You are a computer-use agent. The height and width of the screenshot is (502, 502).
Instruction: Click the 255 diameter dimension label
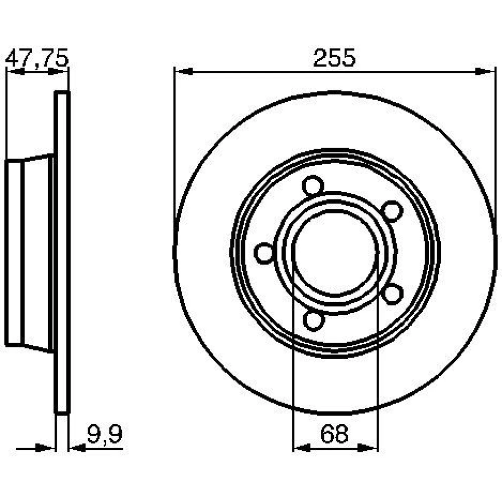click(x=334, y=58)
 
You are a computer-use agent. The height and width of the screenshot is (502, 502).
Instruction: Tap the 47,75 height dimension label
click(x=37, y=58)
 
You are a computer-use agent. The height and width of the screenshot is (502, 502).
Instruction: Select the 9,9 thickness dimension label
click(x=105, y=434)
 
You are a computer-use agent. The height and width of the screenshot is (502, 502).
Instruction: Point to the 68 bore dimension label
click(x=334, y=434)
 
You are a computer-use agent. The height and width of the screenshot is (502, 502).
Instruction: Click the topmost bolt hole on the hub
click(x=313, y=186)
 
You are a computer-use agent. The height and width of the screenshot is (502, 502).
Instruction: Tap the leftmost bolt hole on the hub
click(x=265, y=253)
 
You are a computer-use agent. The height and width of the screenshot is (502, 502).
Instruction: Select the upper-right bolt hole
click(x=393, y=211)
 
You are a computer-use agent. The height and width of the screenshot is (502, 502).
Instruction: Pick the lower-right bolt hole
click(x=393, y=294)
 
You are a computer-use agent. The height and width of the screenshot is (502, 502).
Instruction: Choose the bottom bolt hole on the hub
click(x=314, y=320)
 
